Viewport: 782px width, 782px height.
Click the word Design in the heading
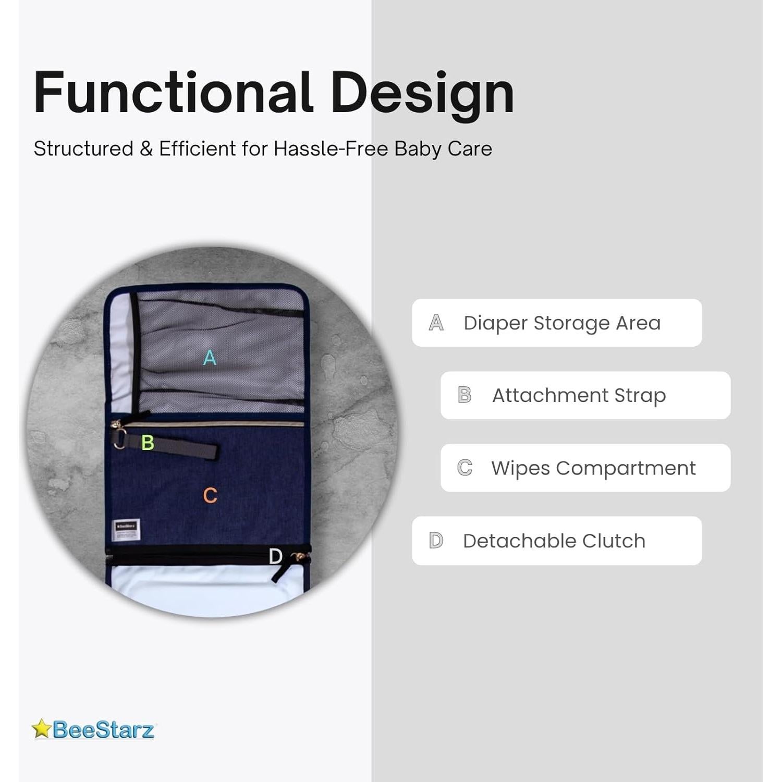pos(422,94)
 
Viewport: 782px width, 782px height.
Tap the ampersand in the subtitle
pos(146,149)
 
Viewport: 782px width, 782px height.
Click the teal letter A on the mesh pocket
pos(210,358)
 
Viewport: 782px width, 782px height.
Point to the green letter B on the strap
pos(148,443)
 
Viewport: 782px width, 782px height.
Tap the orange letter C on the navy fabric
pos(210,495)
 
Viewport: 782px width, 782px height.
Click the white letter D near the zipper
pos(275,556)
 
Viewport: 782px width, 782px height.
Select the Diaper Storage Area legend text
pos(562,323)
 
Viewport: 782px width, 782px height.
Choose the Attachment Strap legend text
pos(579,395)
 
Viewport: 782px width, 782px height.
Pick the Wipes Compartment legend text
pos(593,468)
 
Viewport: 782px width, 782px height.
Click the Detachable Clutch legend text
pos(554,541)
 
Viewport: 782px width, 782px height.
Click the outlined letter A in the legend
pos(436,323)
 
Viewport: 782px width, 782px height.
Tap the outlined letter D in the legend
pos(436,541)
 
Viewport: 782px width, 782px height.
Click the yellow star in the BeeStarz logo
pos(41,728)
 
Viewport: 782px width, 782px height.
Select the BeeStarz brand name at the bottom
pos(103,729)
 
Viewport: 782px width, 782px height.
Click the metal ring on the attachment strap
pos(119,439)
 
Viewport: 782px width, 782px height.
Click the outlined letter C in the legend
pos(465,468)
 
